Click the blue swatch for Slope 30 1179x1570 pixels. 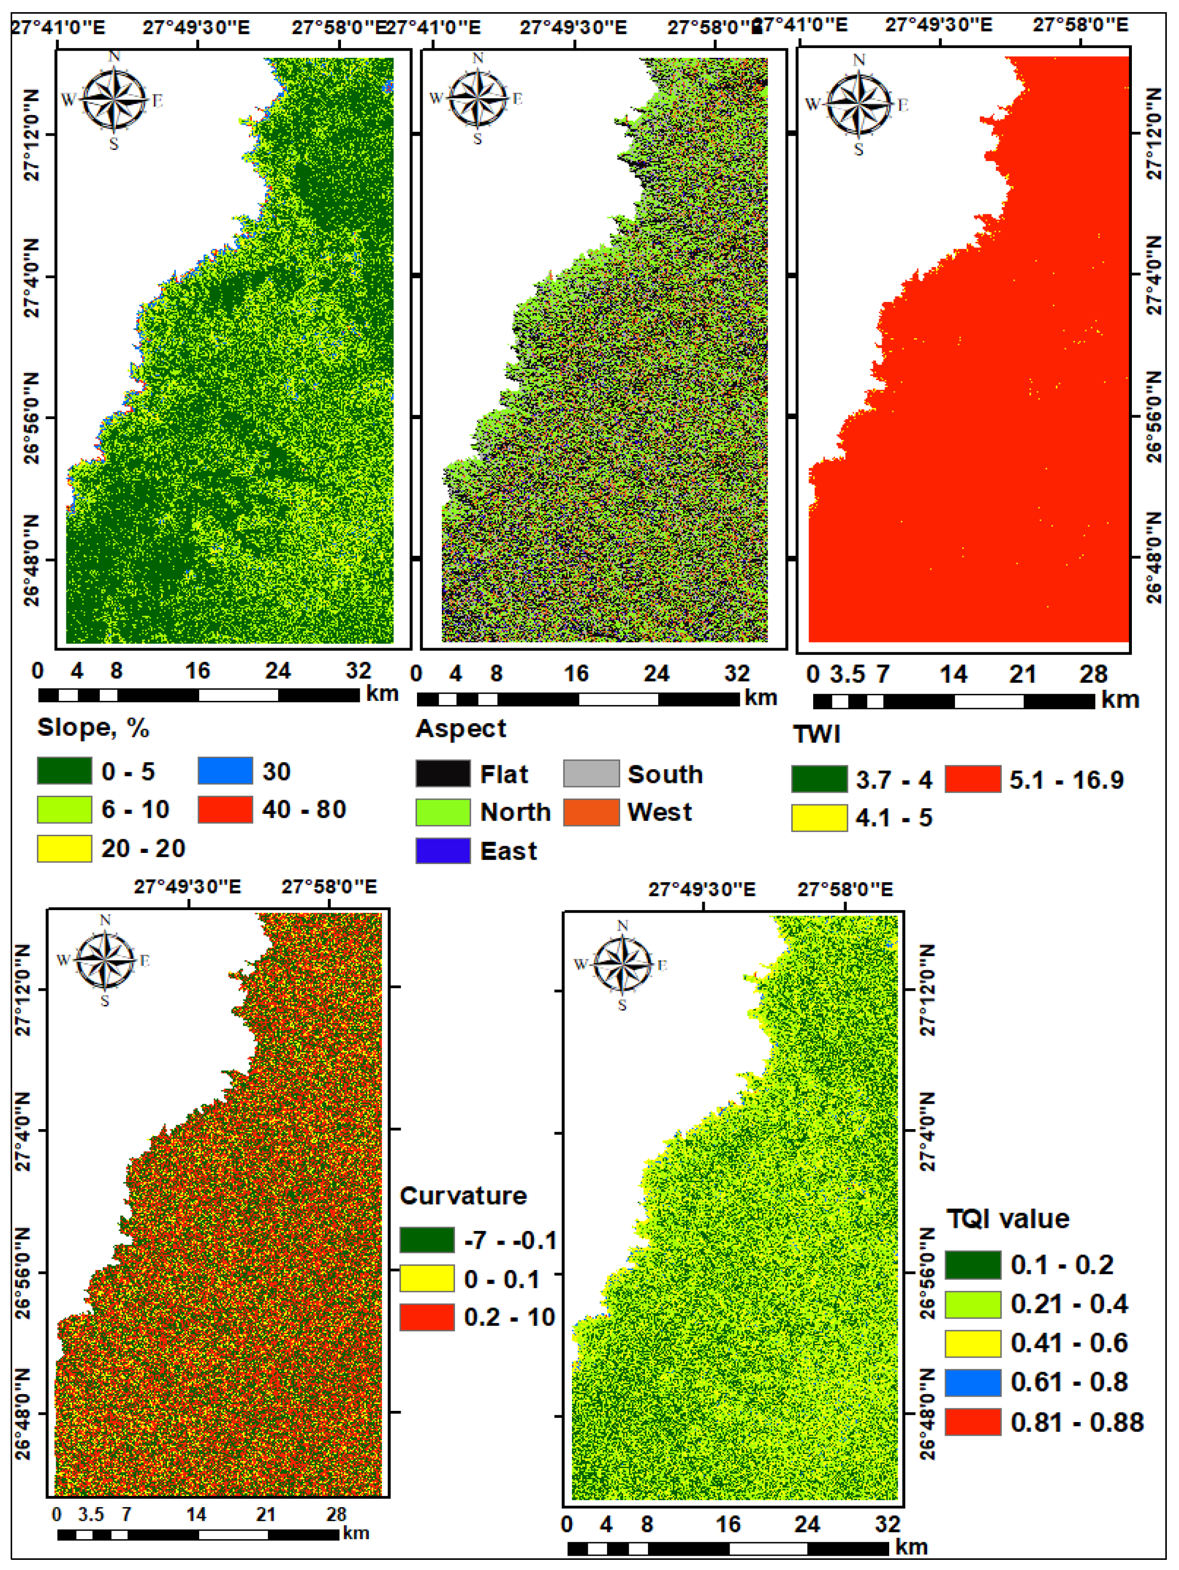coord(225,771)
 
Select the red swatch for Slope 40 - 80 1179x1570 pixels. coord(225,810)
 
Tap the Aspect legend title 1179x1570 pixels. coord(461,729)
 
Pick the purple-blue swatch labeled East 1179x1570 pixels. coord(443,850)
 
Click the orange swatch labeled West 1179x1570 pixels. coord(591,812)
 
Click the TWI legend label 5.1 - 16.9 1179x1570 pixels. coord(1066,780)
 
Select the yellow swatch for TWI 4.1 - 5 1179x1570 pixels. coord(819,817)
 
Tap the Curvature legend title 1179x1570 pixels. coord(463,1196)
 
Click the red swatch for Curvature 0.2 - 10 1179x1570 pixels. coord(427,1317)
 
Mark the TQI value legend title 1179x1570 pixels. coord(1008,1219)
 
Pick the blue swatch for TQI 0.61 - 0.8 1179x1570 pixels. coord(972,1382)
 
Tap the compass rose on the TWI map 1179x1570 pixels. coord(859,105)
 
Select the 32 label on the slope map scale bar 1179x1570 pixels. coord(358,671)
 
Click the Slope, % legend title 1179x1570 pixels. coord(93,728)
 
